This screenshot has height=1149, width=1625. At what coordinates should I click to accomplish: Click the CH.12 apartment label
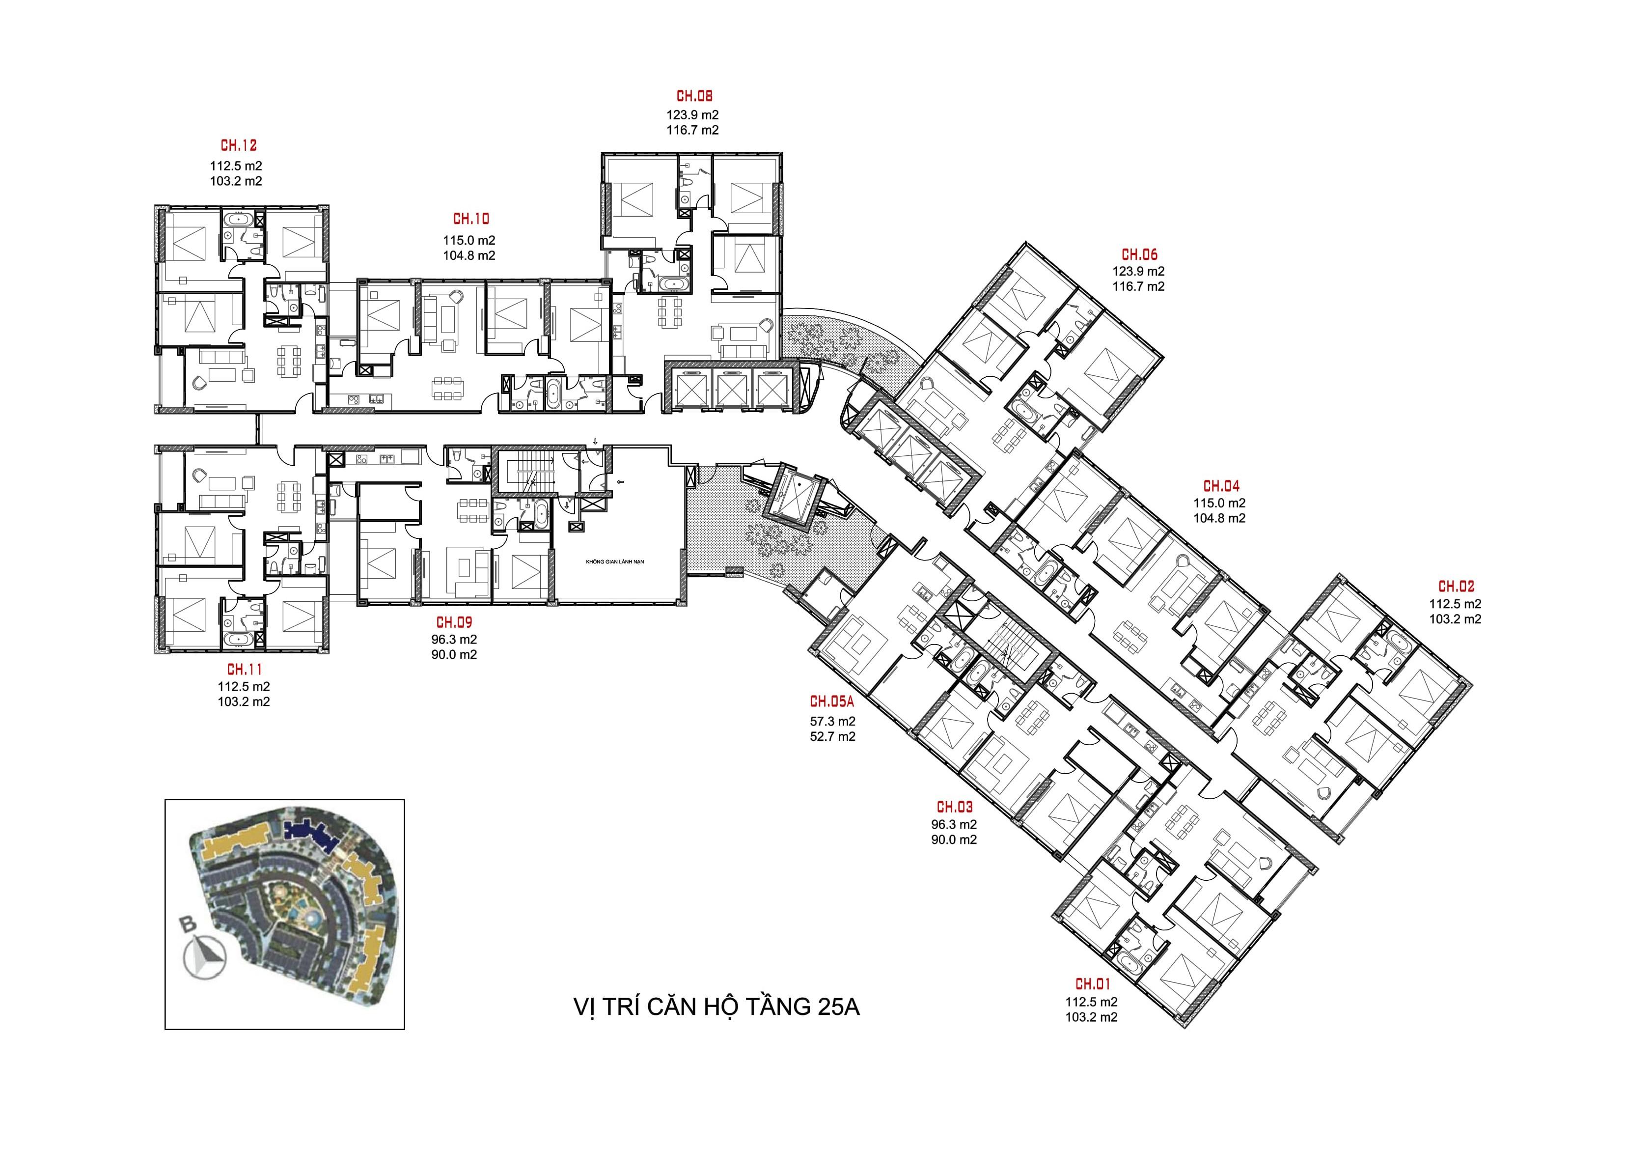[x=239, y=146]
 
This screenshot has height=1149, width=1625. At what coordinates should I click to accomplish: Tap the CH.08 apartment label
[x=694, y=96]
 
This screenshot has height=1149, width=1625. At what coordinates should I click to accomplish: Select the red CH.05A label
[x=833, y=702]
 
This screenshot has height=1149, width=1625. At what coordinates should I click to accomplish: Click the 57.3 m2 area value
[x=833, y=722]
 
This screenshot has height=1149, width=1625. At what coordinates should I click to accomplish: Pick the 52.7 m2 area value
[x=833, y=736]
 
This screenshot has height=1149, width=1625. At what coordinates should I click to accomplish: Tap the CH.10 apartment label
[x=470, y=220]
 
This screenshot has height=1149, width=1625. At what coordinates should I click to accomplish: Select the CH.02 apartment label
[x=1456, y=587]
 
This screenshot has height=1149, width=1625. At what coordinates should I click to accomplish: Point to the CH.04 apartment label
[x=1222, y=486]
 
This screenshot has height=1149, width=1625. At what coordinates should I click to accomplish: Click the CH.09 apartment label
[x=454, y=623]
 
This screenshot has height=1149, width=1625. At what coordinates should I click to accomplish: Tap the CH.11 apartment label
[x=244, y=669]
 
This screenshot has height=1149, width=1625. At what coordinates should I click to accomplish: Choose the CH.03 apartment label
[x=955, y=807]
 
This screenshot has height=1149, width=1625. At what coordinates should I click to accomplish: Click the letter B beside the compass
[x=188, y=924]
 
